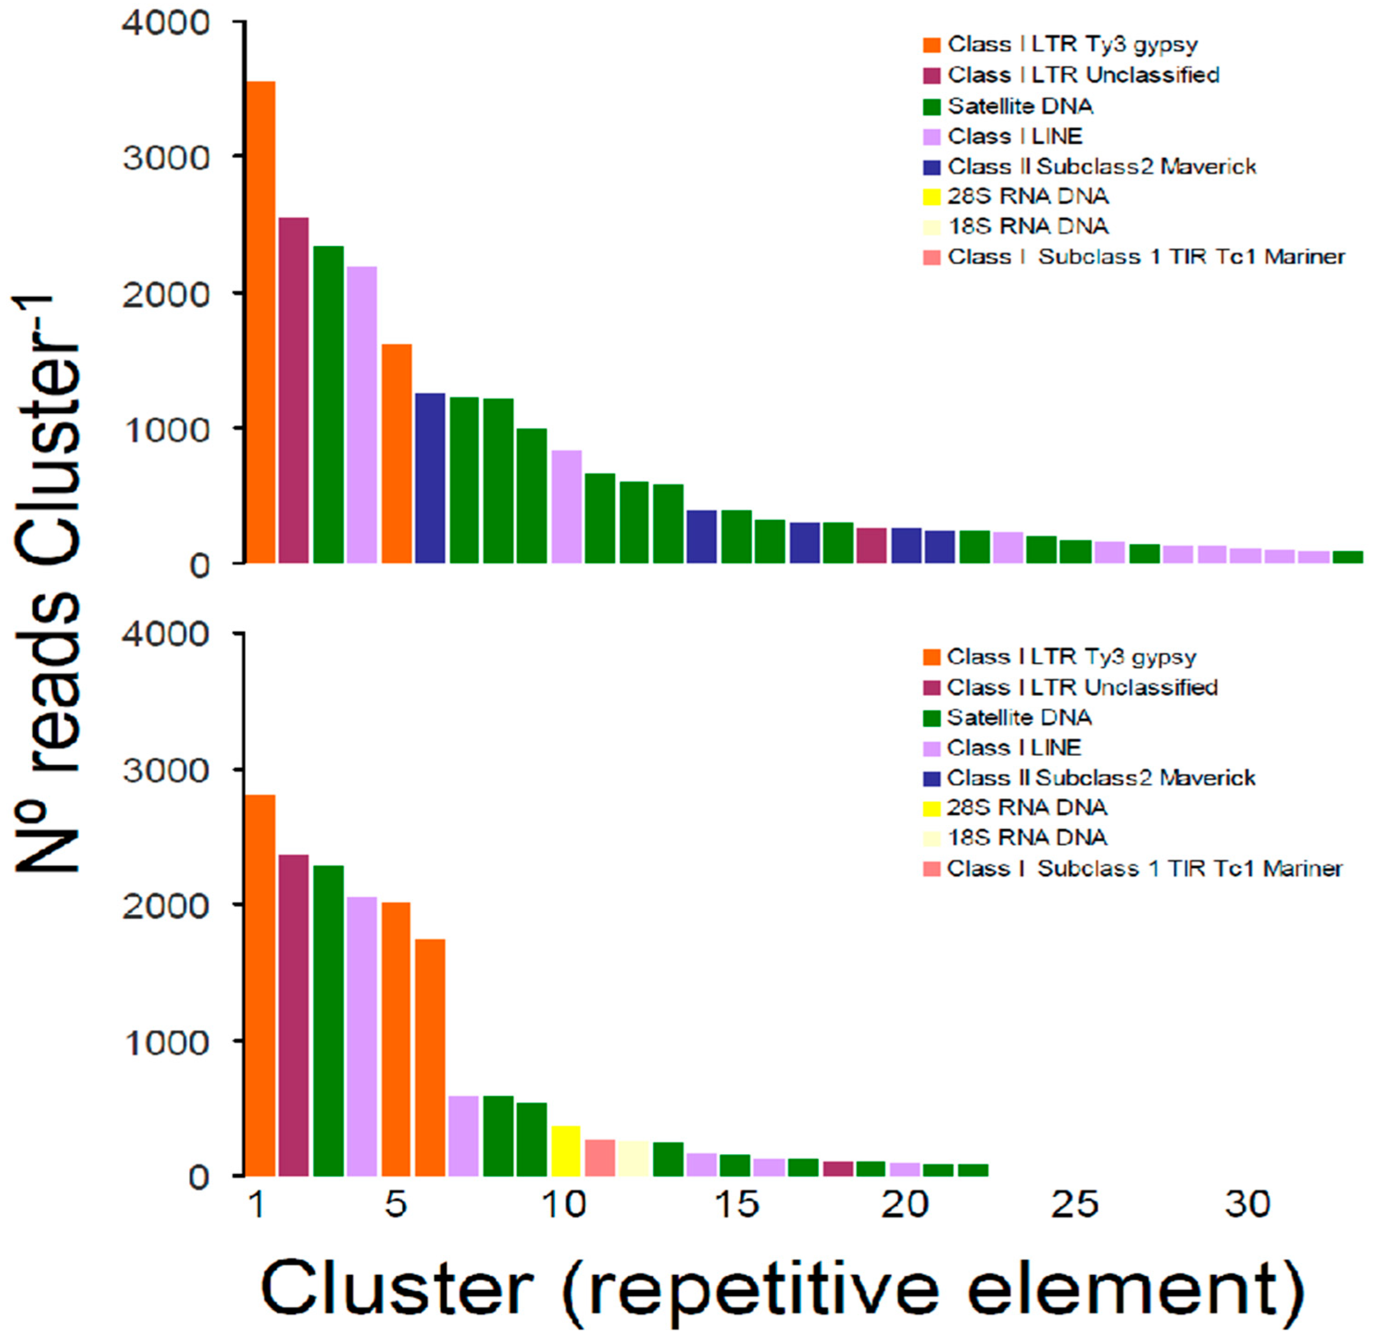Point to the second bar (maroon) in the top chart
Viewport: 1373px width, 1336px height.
pyautogui.click(x=293, y=390)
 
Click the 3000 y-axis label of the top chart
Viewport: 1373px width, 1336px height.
pyautogui.click(x=166, y=158)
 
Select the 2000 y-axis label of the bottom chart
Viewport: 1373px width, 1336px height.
pyautogui.click(x=166, y=906)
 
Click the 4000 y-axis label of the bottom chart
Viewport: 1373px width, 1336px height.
pyautogui.click(x=166, y=634)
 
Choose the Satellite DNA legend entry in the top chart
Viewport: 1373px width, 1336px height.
pyautogui.click(x=1020, y=106)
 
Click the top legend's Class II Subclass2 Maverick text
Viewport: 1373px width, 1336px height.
pyautogui.click(x=1101, y=167)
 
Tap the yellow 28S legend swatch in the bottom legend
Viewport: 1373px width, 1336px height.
pyautogui.click(x=931, y=808)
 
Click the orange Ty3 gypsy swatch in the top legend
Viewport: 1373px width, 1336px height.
pyautogui.click(x=931, y=45)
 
